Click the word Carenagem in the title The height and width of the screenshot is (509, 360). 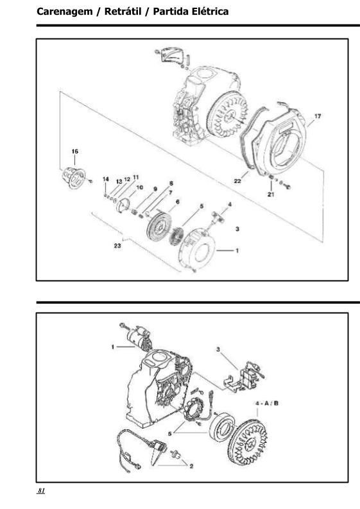pos(65,12)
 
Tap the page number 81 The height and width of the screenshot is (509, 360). pos(41,490)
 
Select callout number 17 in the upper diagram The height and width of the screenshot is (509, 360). pos(318,116)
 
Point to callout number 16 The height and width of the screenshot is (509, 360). pos(74,151)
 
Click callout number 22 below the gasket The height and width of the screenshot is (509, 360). pos(237,181)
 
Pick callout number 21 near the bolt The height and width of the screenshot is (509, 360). pos(271,194)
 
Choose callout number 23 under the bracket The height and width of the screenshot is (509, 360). pos(117,246)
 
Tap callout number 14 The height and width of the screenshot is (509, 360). pos(105,179)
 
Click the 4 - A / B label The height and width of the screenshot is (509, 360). pos(267,404)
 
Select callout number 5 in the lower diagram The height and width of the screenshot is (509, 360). pos(170,433)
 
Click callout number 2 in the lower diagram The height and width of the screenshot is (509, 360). pos(191,466)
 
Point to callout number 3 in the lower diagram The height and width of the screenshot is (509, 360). pos(218,349)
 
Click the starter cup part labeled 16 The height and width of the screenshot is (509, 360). pos(74,178)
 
